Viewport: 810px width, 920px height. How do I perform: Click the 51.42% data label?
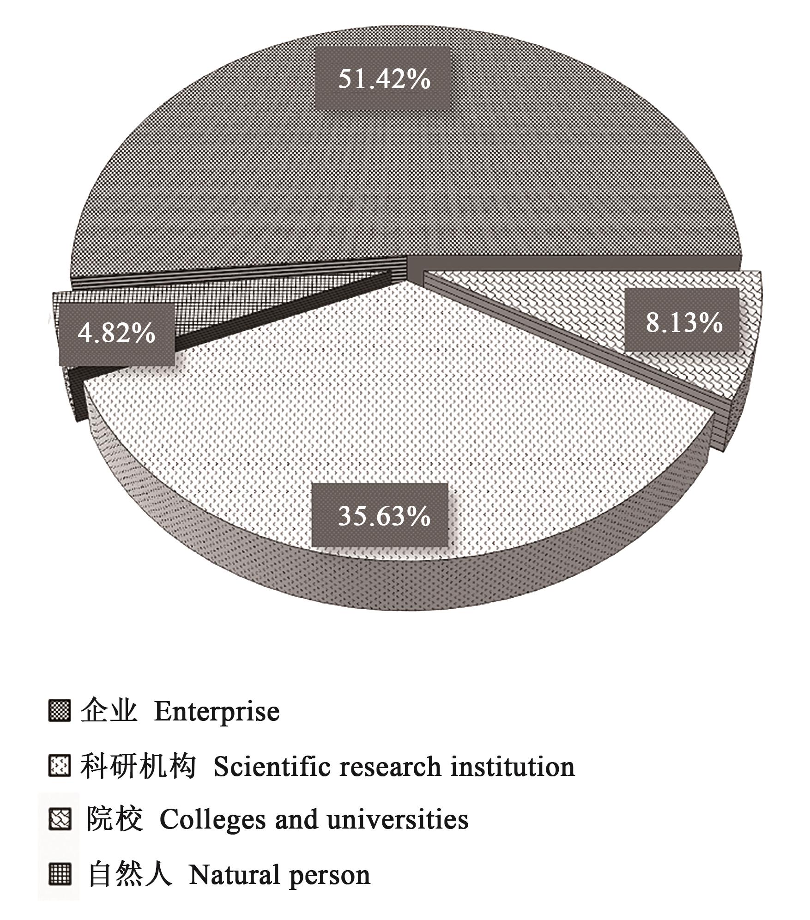click(384, 79)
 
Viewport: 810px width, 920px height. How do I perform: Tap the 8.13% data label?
click(684, 322)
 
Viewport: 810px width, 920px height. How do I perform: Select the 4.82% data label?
click(116, 332)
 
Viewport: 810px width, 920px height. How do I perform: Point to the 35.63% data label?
click(384, 515)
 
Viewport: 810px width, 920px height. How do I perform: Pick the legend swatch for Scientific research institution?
click(60, 766)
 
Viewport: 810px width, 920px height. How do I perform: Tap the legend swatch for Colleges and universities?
click(60, 820)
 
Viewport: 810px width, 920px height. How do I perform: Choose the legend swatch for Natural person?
click(60, 874)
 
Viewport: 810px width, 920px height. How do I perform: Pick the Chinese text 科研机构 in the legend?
click(138, 766)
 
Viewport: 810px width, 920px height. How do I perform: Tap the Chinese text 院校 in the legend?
click(115, 820)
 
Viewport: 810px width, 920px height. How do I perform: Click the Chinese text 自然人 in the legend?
click(130, 874)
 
